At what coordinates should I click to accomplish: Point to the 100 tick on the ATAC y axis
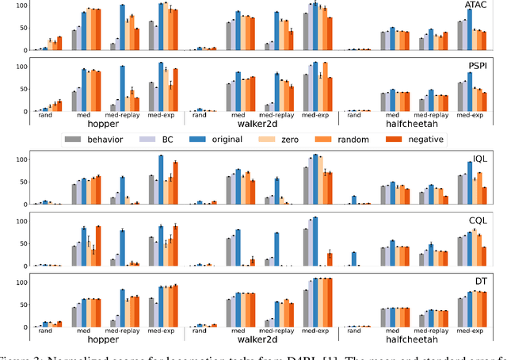pyautogui.click(x=21, y=6)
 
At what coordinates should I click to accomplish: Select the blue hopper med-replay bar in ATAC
pyautogui.click(x=122, y=28)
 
